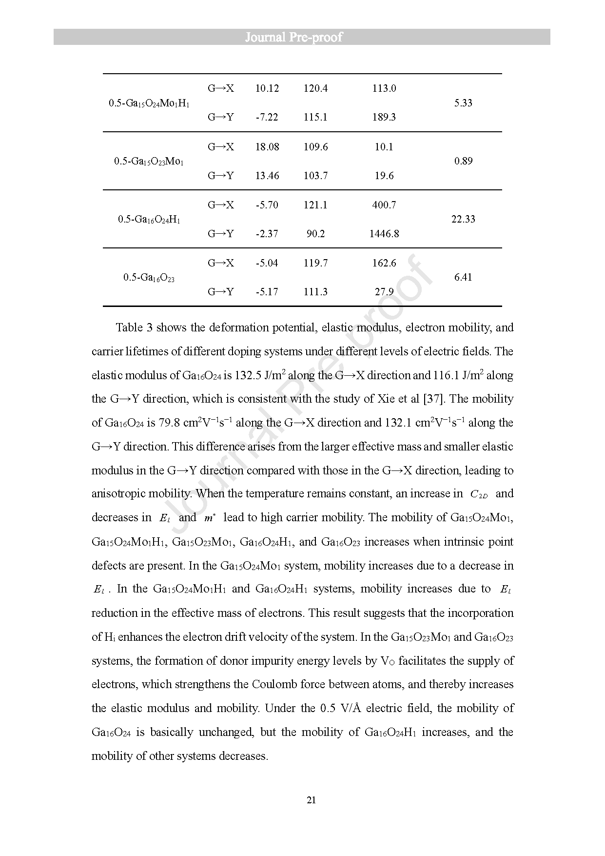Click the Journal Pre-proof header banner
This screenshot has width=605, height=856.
coord(302,37)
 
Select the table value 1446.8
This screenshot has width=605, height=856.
coord(384,234)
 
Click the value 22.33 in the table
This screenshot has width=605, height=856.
coord(463,219)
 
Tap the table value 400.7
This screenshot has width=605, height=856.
coord(384,205)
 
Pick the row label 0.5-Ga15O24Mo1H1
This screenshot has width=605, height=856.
coord(149,103)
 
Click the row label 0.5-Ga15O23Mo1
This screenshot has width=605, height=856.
coord(149,162)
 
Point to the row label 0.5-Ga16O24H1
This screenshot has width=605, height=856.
coord(149,220)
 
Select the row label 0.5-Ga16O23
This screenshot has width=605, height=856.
coord(149,278)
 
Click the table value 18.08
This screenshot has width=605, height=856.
coord(267,147)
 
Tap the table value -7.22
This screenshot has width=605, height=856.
coord(267,117)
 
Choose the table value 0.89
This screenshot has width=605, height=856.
coord(463,161)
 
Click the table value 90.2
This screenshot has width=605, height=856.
coord(315,234)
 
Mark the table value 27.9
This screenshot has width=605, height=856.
coord(384,292)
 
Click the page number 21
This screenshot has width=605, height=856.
coord(312,800)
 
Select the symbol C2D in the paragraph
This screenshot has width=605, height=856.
coord(478,494)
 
